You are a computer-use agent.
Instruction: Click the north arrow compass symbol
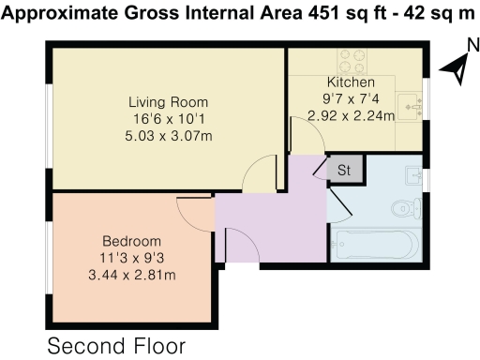[456, 68]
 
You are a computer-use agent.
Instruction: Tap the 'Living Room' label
[168, 102]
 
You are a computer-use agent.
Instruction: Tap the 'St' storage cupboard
[344, 171]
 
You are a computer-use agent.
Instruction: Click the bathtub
[373, 247]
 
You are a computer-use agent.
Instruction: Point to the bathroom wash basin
[414, 175]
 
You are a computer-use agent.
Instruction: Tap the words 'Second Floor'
[116, 345]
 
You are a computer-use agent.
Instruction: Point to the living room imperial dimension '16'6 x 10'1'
[168, 118]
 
